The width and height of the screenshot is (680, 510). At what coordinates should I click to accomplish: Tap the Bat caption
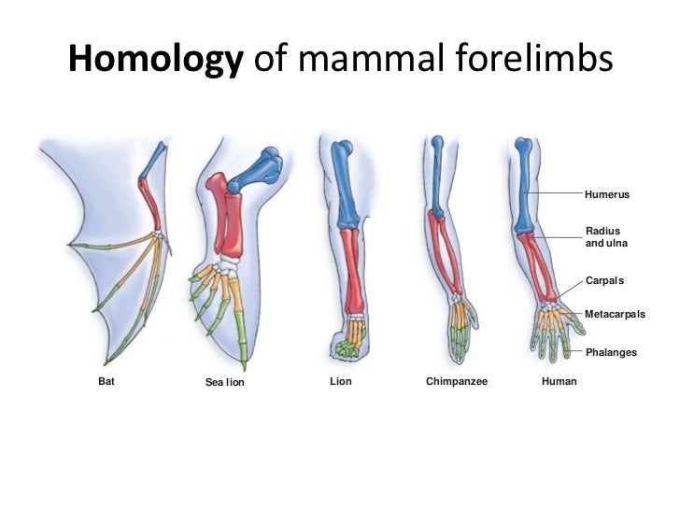click(106, 381)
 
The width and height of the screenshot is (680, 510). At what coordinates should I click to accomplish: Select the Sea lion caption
click(224, 382)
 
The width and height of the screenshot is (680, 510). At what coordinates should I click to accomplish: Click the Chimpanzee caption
click(457, 381)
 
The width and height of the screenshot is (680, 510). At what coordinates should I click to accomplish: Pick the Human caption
click(560, 381)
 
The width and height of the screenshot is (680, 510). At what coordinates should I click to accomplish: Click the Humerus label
click(607, 194)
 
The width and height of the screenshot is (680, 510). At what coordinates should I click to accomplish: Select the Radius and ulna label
click(605, 237)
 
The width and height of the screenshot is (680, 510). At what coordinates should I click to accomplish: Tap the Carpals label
click(604, 280)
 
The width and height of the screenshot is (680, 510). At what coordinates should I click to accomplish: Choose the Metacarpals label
click(615, 315)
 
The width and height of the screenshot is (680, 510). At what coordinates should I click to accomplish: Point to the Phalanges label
click(611, 352)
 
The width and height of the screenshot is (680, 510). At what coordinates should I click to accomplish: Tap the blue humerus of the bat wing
click(153, 163)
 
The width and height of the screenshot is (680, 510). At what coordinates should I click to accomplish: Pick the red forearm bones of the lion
click(353, 271)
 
